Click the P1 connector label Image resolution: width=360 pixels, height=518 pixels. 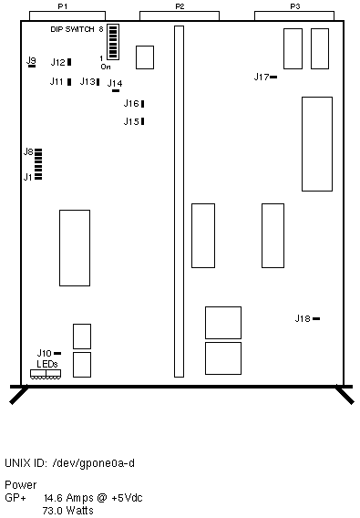point(63,6)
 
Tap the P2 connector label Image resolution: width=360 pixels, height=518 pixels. point(180,6)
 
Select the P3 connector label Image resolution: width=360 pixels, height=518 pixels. point(295,6)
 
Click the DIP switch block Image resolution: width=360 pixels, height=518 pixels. point(113,42)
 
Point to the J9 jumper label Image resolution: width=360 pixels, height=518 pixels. point(31,60)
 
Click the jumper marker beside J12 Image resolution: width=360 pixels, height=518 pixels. point(69,62)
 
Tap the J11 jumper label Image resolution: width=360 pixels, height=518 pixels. point(57,81)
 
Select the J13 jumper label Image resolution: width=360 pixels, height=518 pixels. point(87,81)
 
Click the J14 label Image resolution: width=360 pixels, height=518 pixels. point(115,83)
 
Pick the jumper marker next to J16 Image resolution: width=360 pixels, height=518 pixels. point(143,104)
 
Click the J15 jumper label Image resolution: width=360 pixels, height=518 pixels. point(131,121)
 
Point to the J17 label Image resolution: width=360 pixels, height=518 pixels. point(262,77)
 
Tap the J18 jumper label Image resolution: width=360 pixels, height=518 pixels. point(303,318)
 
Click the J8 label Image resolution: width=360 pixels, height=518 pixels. point(28,151)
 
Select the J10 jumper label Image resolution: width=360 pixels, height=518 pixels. point(45,354)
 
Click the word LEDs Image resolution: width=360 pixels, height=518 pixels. point(47,364)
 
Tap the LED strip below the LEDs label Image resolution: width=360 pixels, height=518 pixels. point(46,374)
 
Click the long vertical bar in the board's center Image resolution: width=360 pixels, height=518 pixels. point(179,202)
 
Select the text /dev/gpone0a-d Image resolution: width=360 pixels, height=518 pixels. point(94,463)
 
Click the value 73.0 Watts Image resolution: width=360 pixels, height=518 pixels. point(68,511)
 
